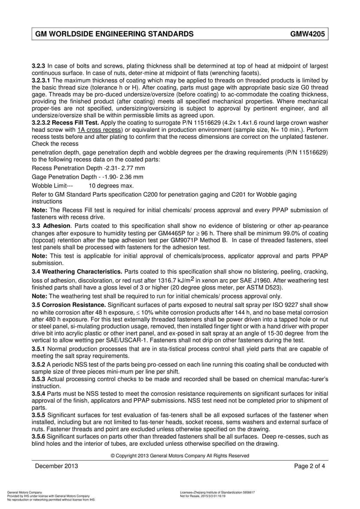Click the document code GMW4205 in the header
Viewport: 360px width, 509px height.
307,34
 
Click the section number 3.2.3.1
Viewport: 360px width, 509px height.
41,80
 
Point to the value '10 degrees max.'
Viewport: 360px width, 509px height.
111,186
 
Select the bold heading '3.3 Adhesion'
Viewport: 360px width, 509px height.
51,226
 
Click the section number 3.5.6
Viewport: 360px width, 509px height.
39,437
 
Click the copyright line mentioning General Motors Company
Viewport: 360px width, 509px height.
180,456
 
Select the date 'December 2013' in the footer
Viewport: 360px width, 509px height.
56,466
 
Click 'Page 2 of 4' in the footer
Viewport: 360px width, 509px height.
310,466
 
